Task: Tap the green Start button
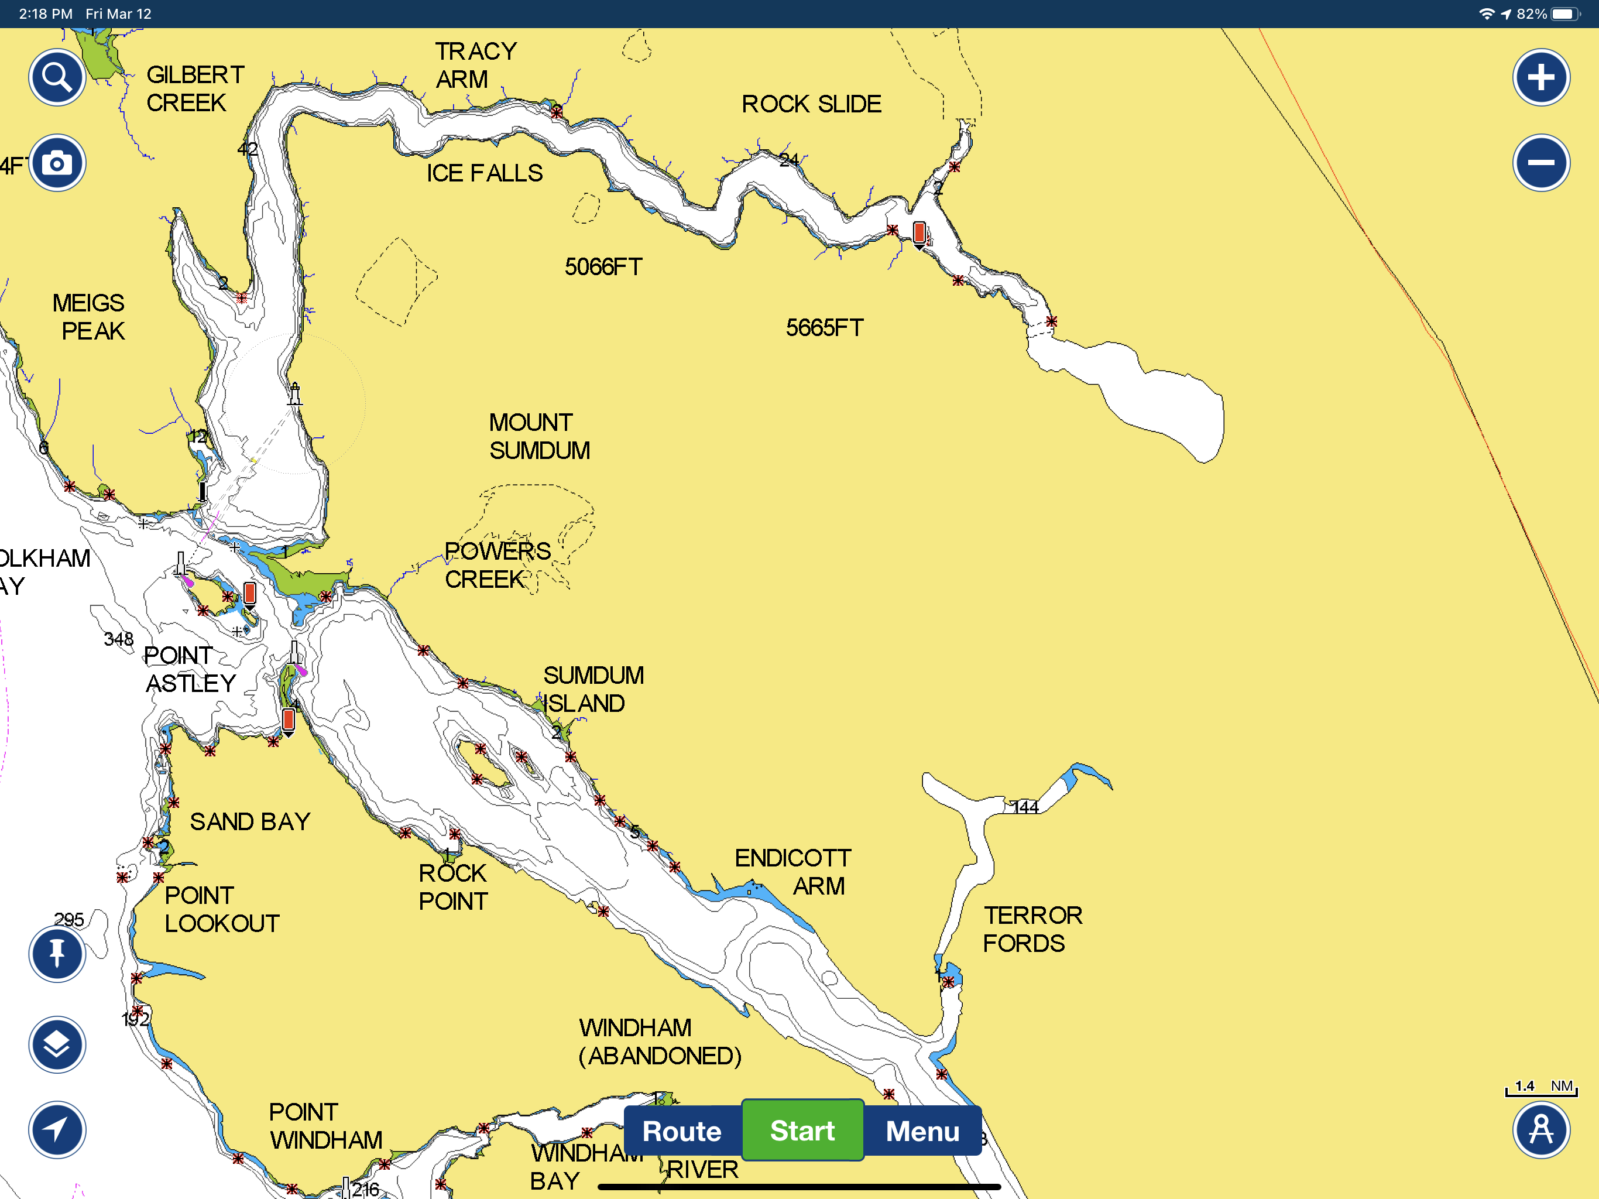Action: click(802, 1131)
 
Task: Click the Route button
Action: click(682, 1131)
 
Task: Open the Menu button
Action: click(922, 1131)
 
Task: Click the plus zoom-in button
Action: click(1540, 77)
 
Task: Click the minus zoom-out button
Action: click(1540, 163)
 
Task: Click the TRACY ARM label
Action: click(475, 65)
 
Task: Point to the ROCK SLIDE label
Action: click(811, 104)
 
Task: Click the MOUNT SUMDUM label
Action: click(538, 436)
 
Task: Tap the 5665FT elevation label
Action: click(824, 328)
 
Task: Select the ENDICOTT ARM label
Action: click(793, 871)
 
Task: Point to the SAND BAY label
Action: click(250, 821)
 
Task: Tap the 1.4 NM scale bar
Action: click(1540, 1088)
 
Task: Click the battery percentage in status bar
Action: click(1531, 13)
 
